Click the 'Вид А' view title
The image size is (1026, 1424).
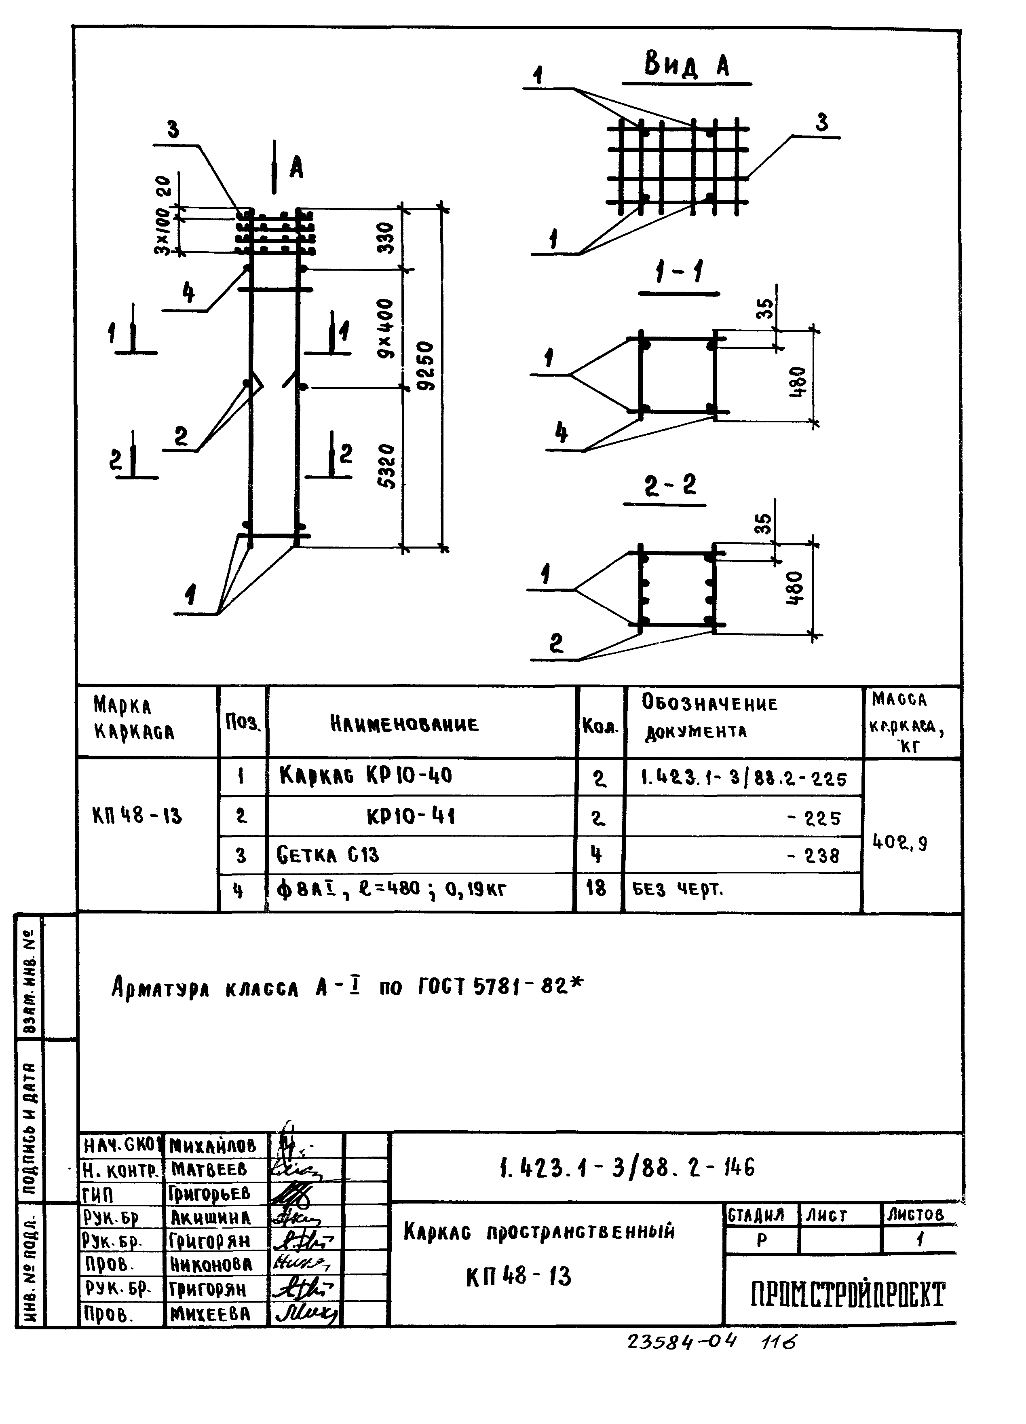686,65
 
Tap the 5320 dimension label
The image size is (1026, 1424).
388,466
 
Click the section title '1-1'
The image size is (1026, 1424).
679,274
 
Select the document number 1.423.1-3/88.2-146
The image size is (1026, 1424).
627,1167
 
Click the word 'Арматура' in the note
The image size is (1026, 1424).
160,987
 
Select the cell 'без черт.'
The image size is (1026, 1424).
678,889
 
